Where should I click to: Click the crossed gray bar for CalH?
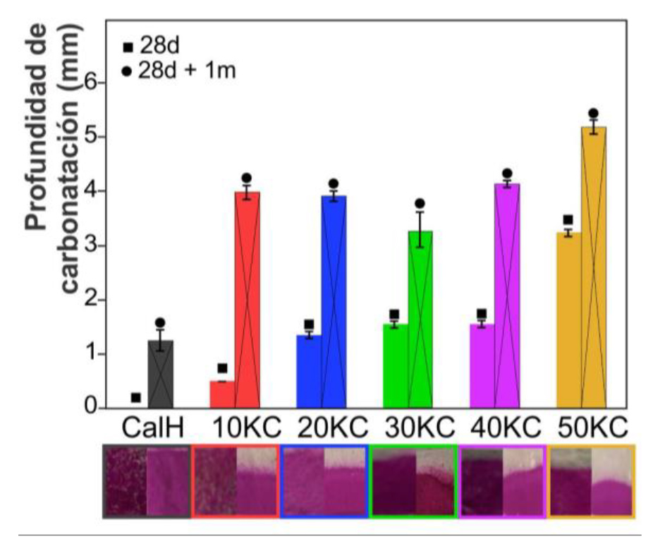(x=161, y=374)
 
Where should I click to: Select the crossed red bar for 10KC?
(x=248, y=300)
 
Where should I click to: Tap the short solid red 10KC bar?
(x=223, y=394)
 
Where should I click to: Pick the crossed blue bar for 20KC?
(x=334, y=302)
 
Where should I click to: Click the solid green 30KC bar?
(x=396, y=365)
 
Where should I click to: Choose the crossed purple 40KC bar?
(x=507, y=296)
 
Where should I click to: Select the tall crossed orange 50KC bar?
(x=593, y=267)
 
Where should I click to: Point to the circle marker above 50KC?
(x=593, y=114)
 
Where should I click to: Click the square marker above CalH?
(x=135, y=398)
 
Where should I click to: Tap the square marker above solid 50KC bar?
(x=568, y=220)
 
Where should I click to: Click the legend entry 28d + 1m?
(x=178, y=71)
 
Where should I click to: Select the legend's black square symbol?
(x=128, y=47)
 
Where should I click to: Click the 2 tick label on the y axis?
(x=91, y=300)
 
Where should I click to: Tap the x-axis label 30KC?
(x=420, y=428)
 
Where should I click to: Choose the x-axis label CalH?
(x=153, y=428)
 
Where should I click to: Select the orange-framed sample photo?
(x=591, y=481)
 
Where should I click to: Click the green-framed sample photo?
(x=413, y=481)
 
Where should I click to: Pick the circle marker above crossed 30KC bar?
(x=420, y=203)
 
